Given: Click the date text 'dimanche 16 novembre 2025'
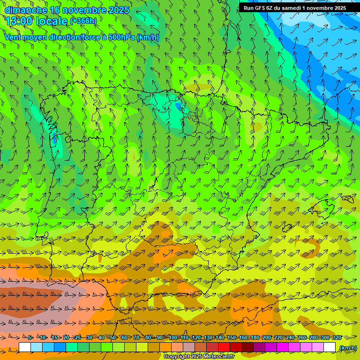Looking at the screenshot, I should [x=67, y=10].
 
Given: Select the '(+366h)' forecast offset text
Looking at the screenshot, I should [x=83, y=21].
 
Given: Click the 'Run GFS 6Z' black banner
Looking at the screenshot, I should [x=295, y=8].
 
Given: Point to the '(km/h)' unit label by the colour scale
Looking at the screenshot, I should [x=348, y=348].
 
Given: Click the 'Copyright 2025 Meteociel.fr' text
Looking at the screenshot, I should [x=199, y=357].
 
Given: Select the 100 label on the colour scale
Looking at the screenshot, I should [x=173, y=337].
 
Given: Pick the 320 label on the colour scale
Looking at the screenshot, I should [x=337, y=337].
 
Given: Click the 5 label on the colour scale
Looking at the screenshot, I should [x=30, y=337].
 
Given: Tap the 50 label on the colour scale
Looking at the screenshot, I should [x=113, y=337].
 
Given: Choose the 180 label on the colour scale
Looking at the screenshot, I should [x=255, y=337].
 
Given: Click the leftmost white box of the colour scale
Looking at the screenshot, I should [x=25, y=347].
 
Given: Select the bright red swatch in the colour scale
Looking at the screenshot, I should [x=224, y=347].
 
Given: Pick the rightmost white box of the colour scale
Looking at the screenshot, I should [x=330, y=347].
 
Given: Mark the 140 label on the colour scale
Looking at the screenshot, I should [x=220, y=337].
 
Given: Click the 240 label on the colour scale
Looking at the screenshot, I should [x=290, y=337].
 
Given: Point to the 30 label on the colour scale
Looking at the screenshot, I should [x=89, y=337].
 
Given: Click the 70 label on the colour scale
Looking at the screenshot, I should [x=136, y=337].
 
